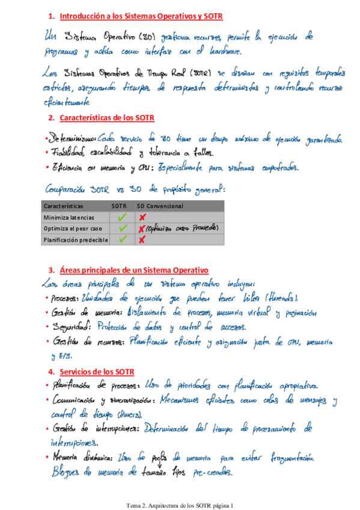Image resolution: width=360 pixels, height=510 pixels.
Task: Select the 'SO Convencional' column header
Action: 160,206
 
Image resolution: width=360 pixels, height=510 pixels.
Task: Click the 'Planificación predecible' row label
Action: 76,240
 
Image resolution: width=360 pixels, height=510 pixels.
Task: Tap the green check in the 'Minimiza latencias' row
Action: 123,217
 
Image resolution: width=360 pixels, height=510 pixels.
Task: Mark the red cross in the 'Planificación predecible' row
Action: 142,240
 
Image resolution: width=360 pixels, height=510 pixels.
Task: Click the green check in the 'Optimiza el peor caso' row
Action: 123,229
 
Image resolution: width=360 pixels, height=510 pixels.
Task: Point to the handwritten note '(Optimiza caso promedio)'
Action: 182,229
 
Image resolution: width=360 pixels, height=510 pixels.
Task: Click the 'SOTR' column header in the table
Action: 119,206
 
